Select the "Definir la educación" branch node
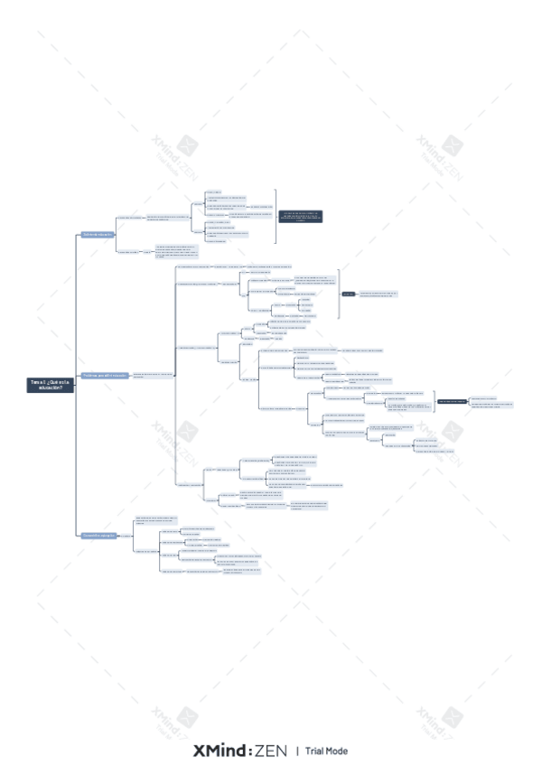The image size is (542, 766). tap(98, 235)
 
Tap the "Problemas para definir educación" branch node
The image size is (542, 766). tap(104, 375)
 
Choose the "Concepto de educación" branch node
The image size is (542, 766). tap(98, 536)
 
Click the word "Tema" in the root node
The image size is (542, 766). tap(35, 382)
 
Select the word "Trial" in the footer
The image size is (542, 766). tap(313, 751)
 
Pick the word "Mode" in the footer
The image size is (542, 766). tap(336, 751)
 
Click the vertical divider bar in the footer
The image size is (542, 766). tap(296, 751)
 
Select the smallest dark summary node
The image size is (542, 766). tap(348, 294)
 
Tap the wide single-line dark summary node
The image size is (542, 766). tap(453, 400)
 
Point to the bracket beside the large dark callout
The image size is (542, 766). tap(276, 217)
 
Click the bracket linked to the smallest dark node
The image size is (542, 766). tap(339, 294)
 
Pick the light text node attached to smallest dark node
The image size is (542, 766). tap(378, 294)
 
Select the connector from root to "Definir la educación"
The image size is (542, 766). tap(77, 307)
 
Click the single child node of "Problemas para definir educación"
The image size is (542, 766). tap(153, 375)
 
